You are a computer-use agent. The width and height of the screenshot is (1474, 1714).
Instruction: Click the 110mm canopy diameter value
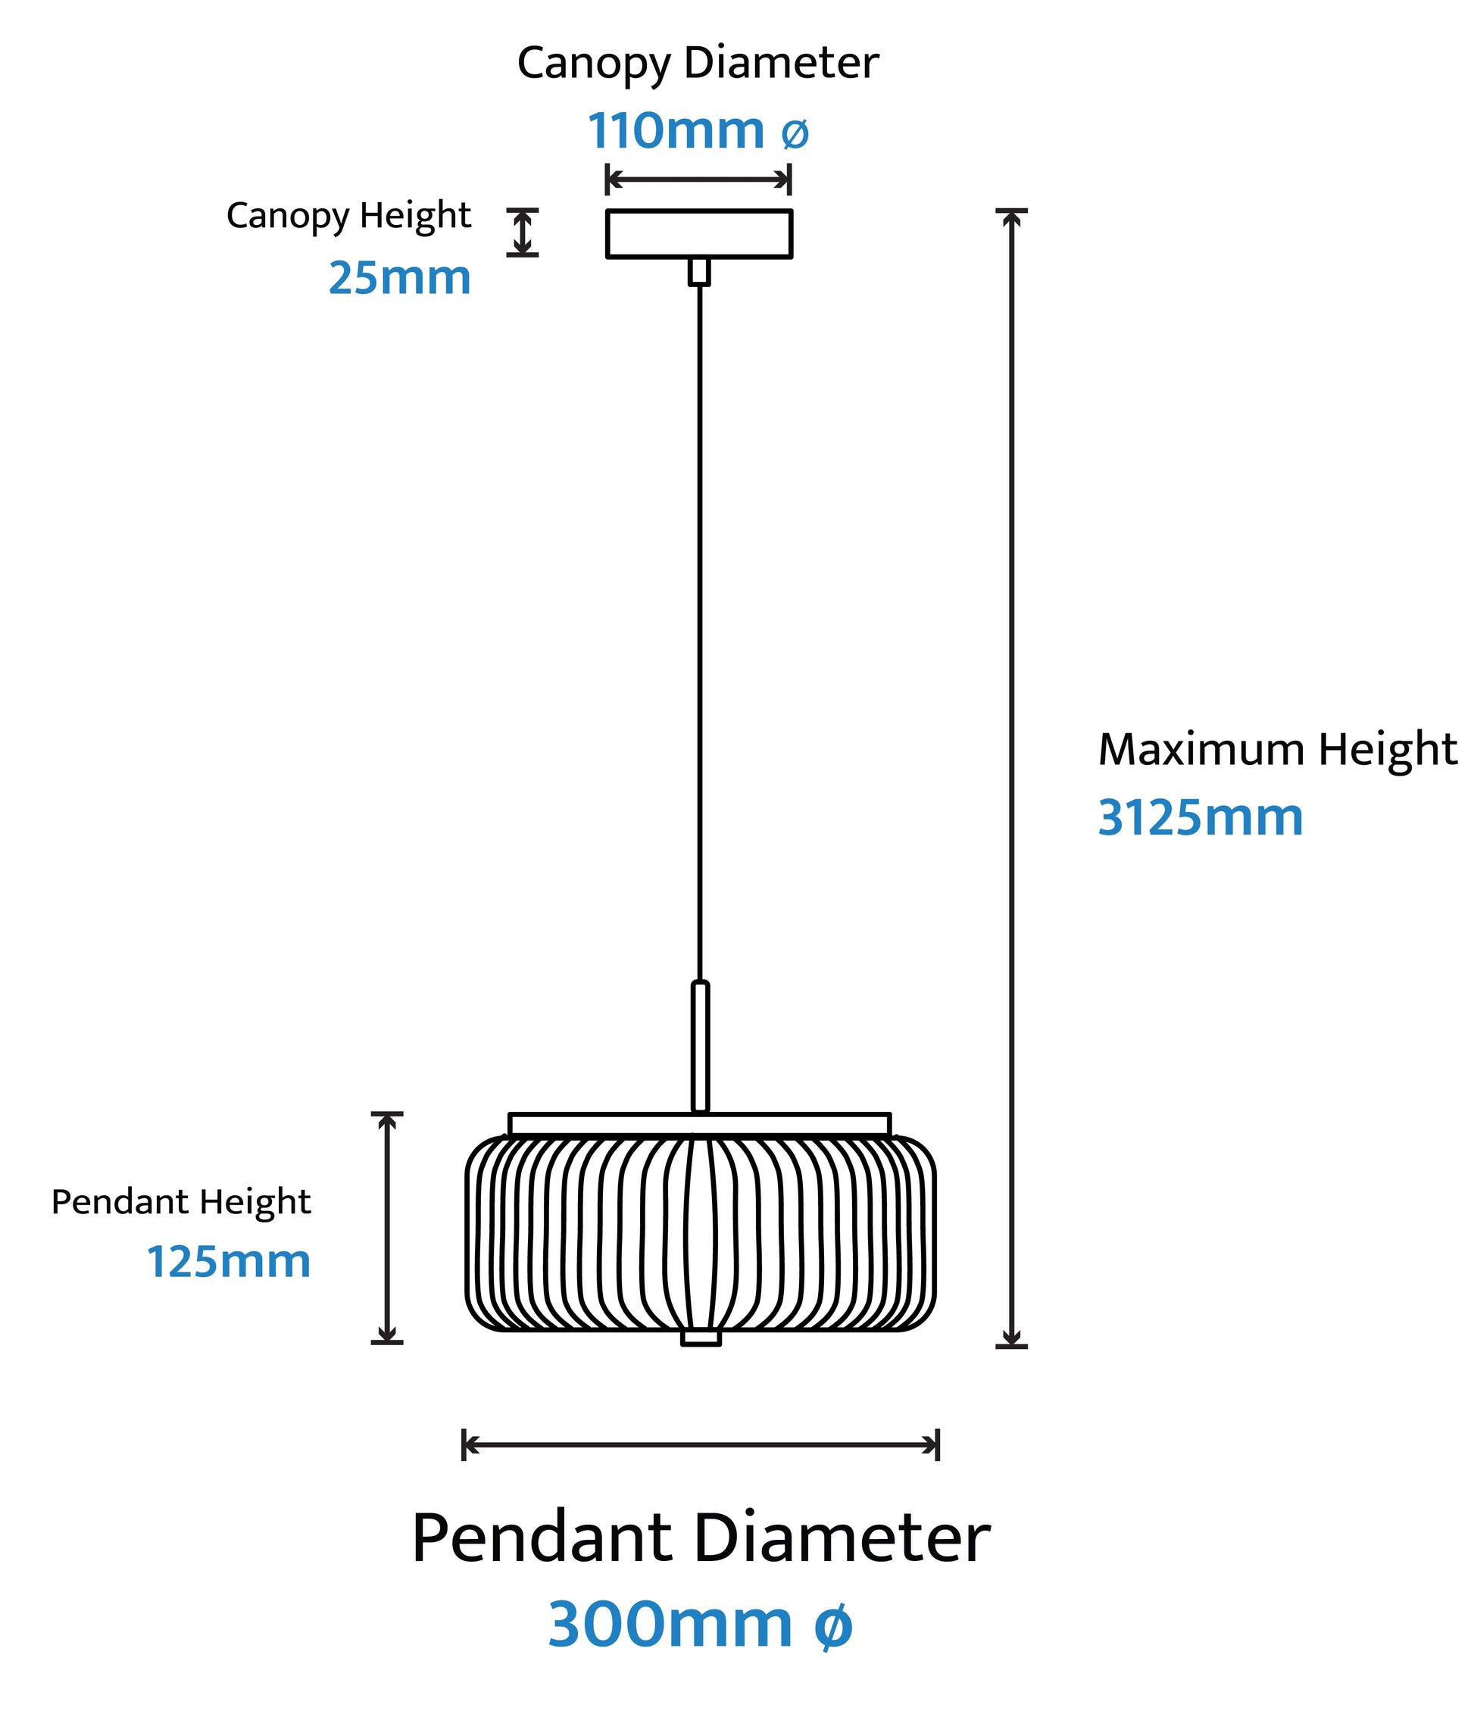click(676, 131)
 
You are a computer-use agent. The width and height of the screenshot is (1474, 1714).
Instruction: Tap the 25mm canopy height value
click(399, 278)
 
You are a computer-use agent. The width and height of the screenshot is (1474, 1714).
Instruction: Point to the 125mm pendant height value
click(228, 1262)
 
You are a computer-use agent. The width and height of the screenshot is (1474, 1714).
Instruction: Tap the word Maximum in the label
click(1201, 750)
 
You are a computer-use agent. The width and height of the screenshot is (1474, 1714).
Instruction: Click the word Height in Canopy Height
click(415, 216)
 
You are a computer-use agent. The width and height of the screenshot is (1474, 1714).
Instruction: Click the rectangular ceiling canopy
click(699, 234)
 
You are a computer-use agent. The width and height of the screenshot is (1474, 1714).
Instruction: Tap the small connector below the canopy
click(699, 271)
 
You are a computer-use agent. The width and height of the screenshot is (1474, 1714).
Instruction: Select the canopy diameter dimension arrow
click(698, 179)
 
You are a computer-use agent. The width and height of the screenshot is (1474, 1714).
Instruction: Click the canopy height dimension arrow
click(522, 233)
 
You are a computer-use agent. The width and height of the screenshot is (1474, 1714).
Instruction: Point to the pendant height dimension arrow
click(386, 1228)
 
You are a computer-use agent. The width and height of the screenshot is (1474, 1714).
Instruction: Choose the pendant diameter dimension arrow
click(700, 1445)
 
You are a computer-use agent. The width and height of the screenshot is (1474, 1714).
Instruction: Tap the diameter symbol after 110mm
click(794, 133)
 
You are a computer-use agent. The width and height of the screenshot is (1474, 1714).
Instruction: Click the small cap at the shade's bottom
click(701, 1338)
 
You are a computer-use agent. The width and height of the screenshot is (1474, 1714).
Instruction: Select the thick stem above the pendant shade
click(700, 1047)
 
